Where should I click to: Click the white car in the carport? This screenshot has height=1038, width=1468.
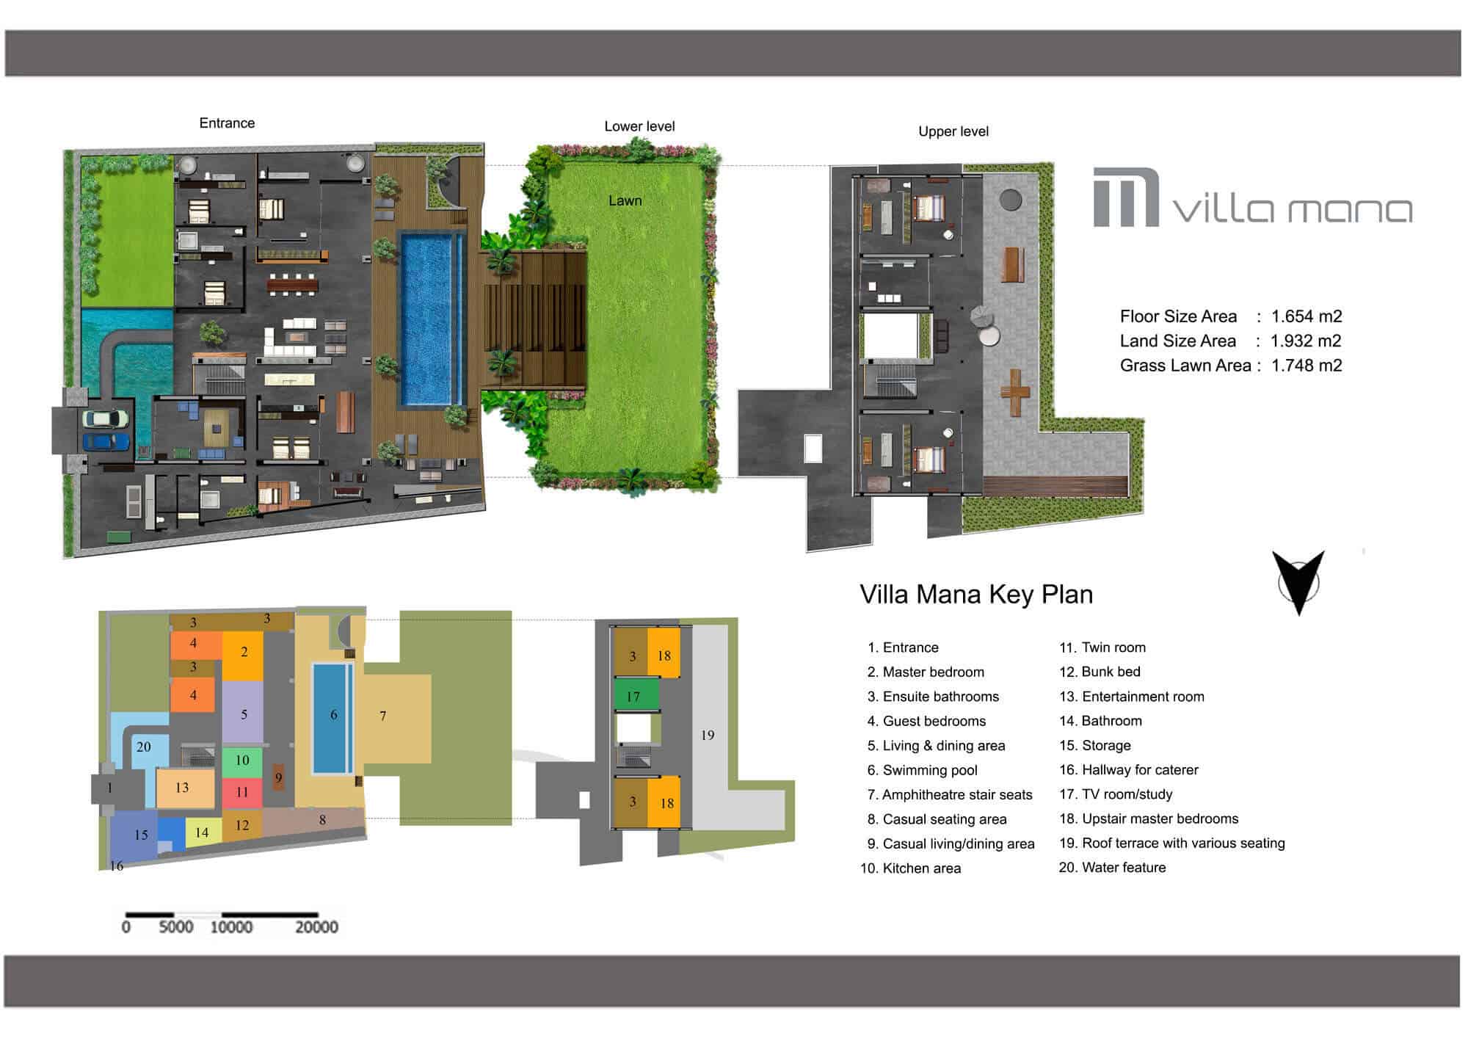tap(106, 418)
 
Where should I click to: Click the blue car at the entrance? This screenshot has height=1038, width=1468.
tap(106, 442)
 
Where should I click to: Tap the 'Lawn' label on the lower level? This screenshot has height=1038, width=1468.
tap(625, 200)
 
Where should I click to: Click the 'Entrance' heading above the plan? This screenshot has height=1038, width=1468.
tap(227, 123)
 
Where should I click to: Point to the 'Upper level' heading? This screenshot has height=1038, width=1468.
tap(953, 131)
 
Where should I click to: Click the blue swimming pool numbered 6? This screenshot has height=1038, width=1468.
tap(333, 718)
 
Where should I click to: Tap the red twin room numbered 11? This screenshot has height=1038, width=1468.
tap(242, 793)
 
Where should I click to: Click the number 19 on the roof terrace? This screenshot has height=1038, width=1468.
tap(708, 735)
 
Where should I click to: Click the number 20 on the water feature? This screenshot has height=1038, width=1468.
tap(143, 747)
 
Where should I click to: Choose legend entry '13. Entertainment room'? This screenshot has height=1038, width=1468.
tap(1131, 697)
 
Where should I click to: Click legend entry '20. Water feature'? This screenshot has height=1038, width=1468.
tap(1112, 868)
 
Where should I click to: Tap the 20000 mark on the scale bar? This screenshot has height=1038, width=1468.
tap(316, 927)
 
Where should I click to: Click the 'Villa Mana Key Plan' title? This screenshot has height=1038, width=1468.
tap(976, 595)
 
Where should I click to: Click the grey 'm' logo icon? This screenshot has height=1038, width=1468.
tap(1126, 197)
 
